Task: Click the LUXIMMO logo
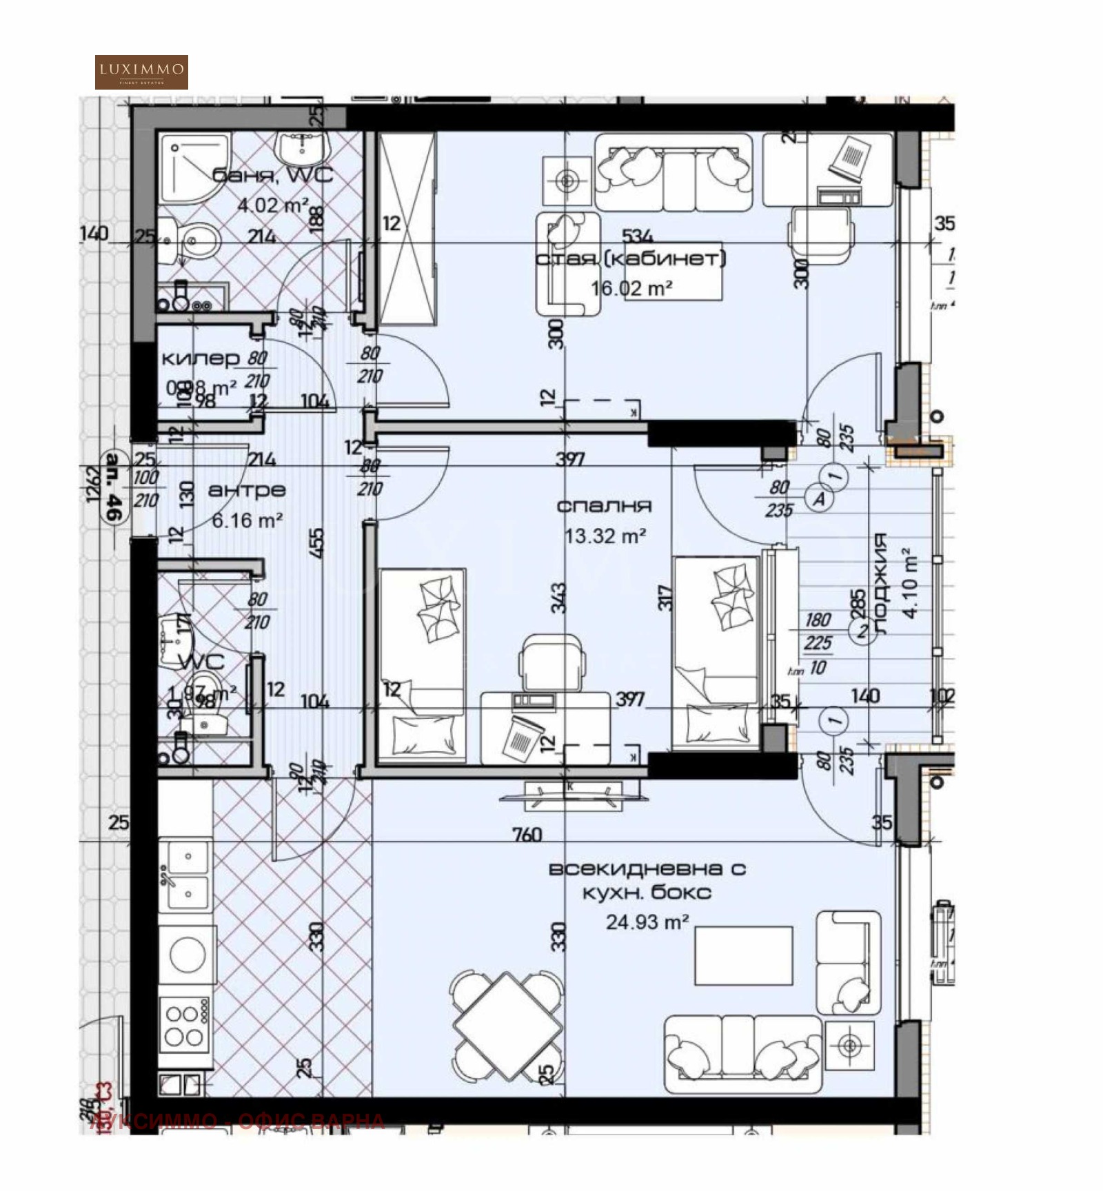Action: coord(141,72)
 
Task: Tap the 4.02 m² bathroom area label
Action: coord(273,205)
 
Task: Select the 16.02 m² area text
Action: coord(631,288)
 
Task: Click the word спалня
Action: coord(604,507)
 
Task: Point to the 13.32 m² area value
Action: coord(605,536)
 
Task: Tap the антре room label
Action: coord(247,491)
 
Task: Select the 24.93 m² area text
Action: coord(647,922)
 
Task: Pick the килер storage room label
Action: coord(200,359)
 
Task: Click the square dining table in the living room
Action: coord(508,1026)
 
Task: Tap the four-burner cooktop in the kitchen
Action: coord(184,1025)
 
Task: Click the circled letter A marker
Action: coord(820,498)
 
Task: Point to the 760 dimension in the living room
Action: coord(527,835)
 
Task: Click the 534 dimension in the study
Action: coord(637,236)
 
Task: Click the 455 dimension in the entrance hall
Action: coord(316,544)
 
